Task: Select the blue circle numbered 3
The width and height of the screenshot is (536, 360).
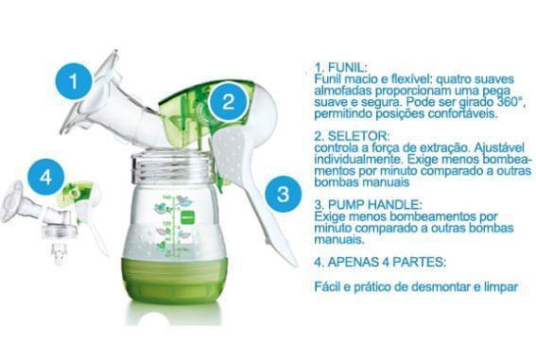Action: pyautogui.click(x=282, y=196)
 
